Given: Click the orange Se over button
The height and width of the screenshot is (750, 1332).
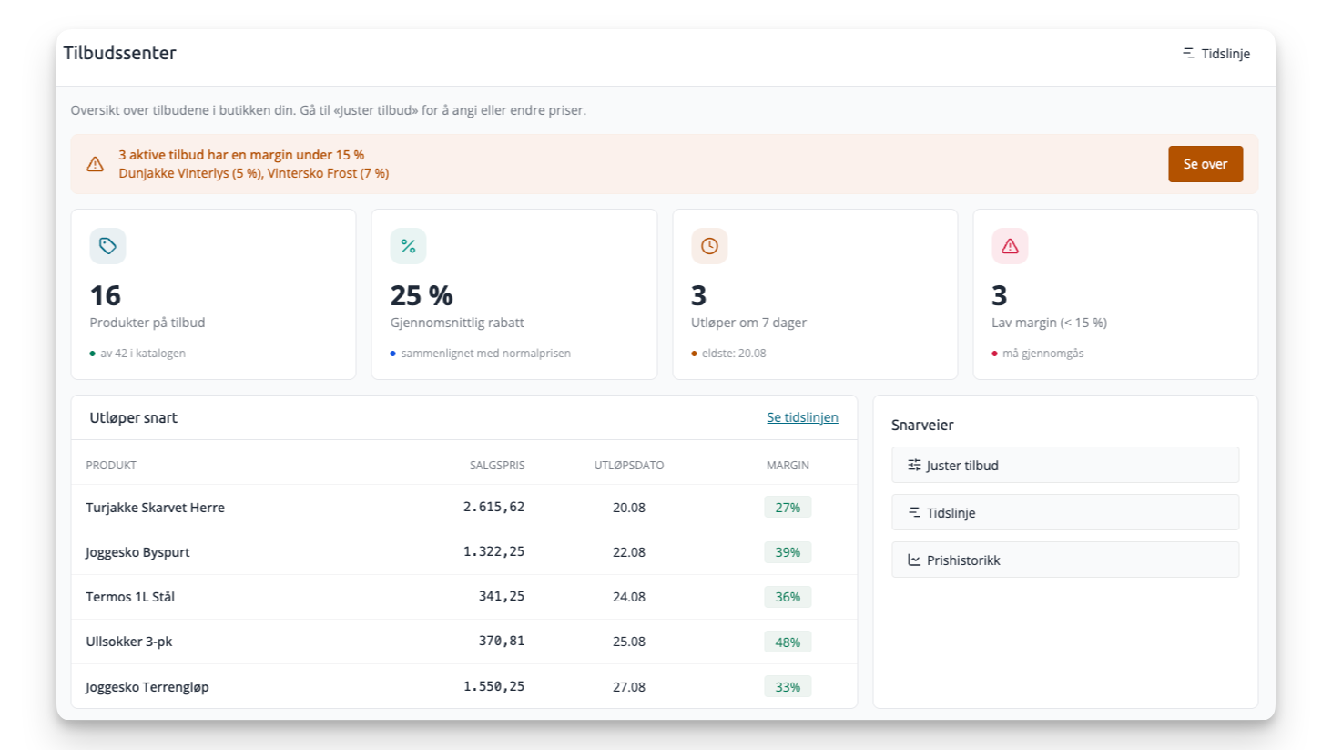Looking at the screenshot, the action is [x=1205, y=164].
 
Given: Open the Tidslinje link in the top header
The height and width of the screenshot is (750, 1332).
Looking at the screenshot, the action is [x=1216, y=54].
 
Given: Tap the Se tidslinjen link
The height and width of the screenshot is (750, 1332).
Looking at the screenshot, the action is [x=802, y=417].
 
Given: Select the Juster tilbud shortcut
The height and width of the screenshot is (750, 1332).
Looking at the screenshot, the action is [x=1065, y=465].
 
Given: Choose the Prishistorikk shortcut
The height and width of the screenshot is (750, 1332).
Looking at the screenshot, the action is [x=1065, y=560].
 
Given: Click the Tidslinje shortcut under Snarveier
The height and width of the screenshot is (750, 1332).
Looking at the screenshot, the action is [x=1065, y=512].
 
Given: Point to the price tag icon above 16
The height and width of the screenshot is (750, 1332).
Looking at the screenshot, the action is [x=107, y=246].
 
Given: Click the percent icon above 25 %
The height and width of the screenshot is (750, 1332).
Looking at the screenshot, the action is [x=408, y=246].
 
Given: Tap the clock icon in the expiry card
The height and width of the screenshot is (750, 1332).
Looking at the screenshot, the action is [x=709, y=246].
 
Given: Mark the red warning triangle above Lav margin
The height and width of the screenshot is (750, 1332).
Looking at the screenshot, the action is [x=1010, y=246].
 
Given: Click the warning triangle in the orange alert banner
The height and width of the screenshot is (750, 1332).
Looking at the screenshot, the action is [x=95, y=164].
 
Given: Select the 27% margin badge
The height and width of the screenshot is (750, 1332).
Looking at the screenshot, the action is [x=788, y=508].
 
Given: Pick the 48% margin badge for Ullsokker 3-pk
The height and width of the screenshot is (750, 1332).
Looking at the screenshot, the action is [x=788, y=642].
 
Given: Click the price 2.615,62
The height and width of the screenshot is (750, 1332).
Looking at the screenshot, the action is [x=493, y=507].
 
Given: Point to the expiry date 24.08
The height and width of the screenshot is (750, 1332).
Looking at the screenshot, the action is [x=628, y=596].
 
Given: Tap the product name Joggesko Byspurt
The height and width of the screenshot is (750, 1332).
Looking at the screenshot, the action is [x=137, y=551].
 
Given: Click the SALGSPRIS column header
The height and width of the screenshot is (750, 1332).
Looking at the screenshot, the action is [x=497, y=465].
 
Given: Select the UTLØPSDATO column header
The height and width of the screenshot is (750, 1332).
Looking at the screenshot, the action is [x=628, y=465].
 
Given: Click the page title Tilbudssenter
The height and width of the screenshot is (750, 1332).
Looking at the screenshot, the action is [x=119, y=53].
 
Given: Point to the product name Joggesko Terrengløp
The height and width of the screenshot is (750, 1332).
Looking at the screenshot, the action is [x=147, y=687].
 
